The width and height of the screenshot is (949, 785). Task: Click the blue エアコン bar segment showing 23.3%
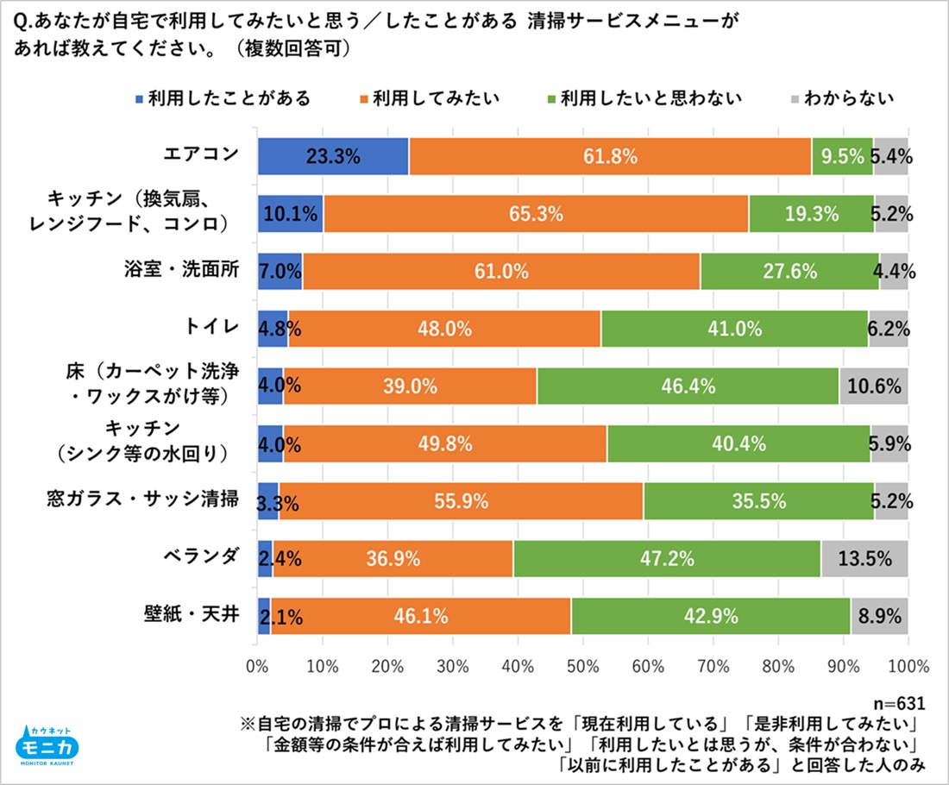coord(333,157)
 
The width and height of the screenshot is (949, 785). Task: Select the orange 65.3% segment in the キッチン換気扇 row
coord(536,214)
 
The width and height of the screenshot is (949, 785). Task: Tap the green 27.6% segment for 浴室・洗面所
coord(789,272)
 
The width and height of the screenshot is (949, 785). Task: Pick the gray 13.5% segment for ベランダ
coord(864,558)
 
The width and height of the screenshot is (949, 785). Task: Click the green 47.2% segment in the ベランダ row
coord(667,558)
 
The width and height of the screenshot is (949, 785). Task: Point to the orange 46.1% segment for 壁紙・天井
coord(421,616)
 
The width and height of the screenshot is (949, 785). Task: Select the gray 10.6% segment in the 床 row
coord(874,386)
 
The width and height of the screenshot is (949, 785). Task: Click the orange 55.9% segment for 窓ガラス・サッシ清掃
coord(461,501)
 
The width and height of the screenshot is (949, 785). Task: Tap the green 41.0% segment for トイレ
coord(734,329)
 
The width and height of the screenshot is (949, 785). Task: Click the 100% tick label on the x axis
coord(907,666)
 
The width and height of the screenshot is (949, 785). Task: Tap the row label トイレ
coord(211,329)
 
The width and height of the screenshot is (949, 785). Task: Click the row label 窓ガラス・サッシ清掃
coord(142,500)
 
